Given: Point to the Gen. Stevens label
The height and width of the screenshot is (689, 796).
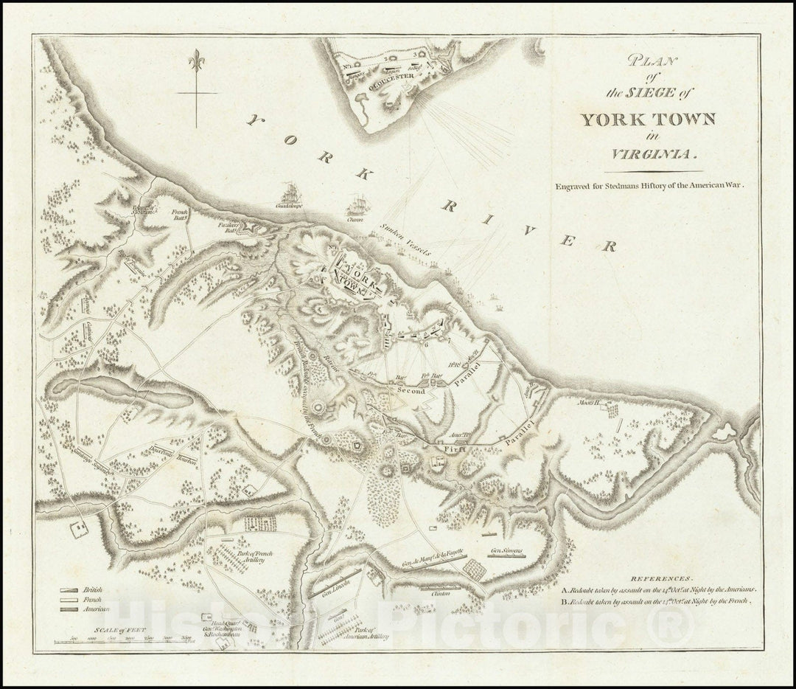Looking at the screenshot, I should (507, 551).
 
